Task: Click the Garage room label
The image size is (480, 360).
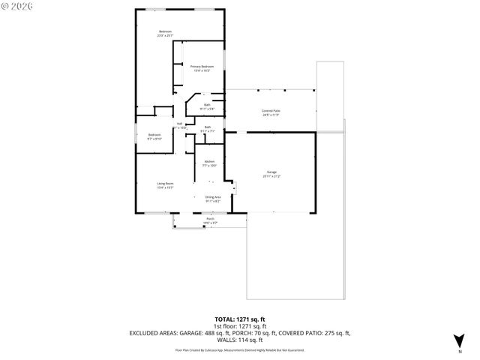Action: click(271, 172)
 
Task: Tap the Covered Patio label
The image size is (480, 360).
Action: click(271, 111)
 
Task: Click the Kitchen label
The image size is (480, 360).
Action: click(210, 161)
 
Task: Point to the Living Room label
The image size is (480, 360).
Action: click(165, 184)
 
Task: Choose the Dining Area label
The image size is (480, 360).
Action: click(213, 196)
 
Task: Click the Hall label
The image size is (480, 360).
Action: click(180, 124)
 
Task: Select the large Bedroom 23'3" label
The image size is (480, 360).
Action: click(165, 31)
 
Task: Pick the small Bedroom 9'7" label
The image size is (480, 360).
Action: click(154, 135)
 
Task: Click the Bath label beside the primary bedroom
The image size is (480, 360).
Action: click(207, 105)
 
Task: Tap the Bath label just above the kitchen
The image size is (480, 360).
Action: click(208, 127)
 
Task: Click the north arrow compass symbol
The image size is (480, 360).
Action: click(459, 340)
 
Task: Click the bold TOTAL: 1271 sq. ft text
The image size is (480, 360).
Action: click(240, 319)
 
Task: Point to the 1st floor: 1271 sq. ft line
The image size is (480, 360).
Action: click(240, 325)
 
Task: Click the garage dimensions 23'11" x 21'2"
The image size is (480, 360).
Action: click(271, 176)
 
